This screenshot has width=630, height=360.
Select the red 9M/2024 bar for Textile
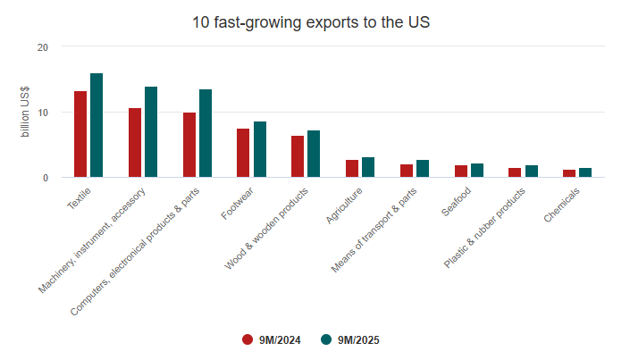80,134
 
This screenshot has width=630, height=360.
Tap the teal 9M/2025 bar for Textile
97,125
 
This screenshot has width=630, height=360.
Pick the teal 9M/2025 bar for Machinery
151,132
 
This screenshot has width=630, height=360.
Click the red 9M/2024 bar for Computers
189,145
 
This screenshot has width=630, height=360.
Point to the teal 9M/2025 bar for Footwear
260,149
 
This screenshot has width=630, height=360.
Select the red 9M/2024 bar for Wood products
298,156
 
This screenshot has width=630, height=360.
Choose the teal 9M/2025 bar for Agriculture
368,167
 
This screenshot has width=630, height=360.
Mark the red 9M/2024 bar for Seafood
460,171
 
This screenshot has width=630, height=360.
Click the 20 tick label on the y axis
43,46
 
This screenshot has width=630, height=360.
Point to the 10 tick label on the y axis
43,113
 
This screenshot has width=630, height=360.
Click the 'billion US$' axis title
25,113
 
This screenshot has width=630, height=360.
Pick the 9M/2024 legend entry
272,339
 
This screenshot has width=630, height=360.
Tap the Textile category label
80,197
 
